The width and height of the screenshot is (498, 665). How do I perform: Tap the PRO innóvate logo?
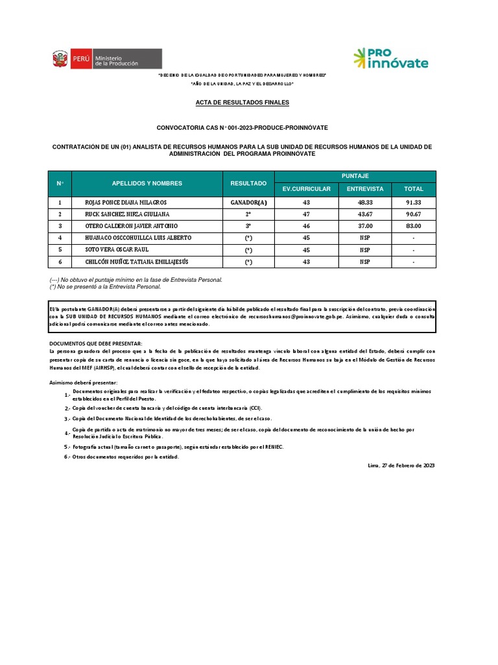[x=390, y=58]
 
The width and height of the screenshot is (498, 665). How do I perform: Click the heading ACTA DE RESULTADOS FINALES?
[x=243, y=103]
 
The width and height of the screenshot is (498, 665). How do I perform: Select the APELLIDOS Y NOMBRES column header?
[x=147, y=184]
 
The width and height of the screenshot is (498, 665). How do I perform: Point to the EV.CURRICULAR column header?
[x=307, y=189]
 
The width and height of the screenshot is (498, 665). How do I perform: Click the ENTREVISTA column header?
[x=365, y=189]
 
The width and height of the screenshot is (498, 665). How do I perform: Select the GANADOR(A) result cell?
[x=248, y=203]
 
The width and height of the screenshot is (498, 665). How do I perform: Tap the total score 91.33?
[x=413, y=203]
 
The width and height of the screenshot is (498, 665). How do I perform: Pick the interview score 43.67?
[x=365, y=214]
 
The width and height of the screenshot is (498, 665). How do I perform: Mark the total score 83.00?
[x=413, y=226]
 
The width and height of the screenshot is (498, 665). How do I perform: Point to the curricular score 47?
[x=306, y=214]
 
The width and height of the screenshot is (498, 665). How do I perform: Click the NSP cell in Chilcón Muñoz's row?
[x=365, y=262]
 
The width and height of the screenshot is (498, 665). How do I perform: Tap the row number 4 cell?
[x=60, y=238]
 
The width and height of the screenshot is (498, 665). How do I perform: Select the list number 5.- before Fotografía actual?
[x=67, y=447]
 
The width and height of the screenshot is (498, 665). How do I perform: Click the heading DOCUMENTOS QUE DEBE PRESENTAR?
[x=95, y=343]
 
